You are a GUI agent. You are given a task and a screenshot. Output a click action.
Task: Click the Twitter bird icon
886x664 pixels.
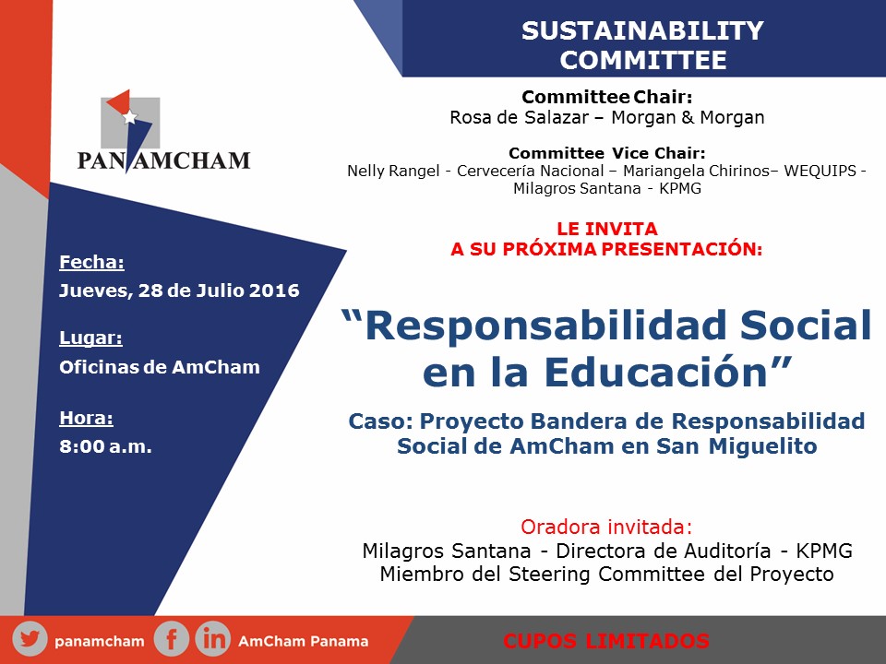pyautogui.click(x=30, y=640)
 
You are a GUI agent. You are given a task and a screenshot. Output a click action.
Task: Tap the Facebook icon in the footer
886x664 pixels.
pyautogui.click(x=172, y=640)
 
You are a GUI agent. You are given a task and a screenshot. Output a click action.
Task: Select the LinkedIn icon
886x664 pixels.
pyautogui.click(x=213, y=640)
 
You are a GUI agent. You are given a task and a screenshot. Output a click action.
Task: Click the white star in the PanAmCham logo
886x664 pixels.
pyautogui.click(x=130, y=117)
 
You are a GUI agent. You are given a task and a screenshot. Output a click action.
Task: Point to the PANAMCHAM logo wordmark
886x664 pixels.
pyautogui.click(x=163, y=161)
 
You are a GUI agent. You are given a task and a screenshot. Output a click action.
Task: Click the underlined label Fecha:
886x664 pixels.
pyautogui.click(x=91, y=262)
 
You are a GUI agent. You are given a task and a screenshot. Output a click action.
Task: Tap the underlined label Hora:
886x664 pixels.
pyautogui.click(x=86, y=418)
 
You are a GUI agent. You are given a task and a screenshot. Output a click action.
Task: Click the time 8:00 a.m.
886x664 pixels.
pyautogui.click(x=105, y=447)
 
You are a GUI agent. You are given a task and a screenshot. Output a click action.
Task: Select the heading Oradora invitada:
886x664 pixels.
pyautogui.click(x=605, y=528)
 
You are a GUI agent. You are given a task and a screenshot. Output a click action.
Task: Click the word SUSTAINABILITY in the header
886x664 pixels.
pyautogui.click(x=642, y=31)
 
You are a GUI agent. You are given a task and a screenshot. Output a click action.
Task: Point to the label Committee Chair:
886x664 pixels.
pyautogui.click(x=606, y=97)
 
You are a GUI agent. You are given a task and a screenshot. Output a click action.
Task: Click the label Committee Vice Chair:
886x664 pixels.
pyautogui.click(x=606, y=153)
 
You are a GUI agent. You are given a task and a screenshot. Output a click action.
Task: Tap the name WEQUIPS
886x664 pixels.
pyautogui.click(x=821, y=171)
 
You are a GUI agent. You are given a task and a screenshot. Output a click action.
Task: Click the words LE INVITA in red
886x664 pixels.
pyautogui.click(x=606, y=228)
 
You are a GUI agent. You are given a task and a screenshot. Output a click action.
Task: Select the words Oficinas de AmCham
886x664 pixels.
pyautogui.click(x=160, y=367)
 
